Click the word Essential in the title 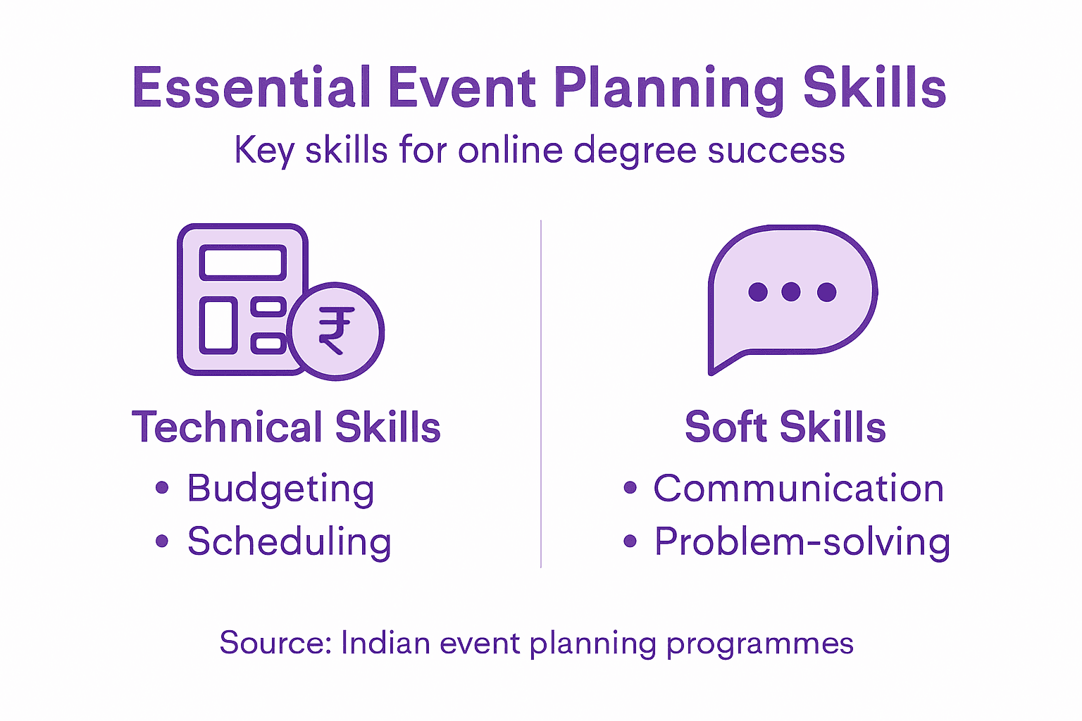(x=251, y=88)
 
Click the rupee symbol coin (x=336, y=331)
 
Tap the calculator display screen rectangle (x=243, y=263)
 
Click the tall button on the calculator (x=218, y=325)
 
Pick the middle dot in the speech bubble (x=791, y=291)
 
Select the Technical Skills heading (x=286, y=427)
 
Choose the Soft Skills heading (x=785, y=427)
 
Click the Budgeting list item (x=280, y=489)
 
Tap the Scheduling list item (x=289, y=542)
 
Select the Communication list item (x=798, y=489)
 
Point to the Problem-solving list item (x=802, y=542)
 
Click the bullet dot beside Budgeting (x=162, y=487)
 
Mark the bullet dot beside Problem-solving (x=630, y=541)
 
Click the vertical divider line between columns (x=541, y=394)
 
